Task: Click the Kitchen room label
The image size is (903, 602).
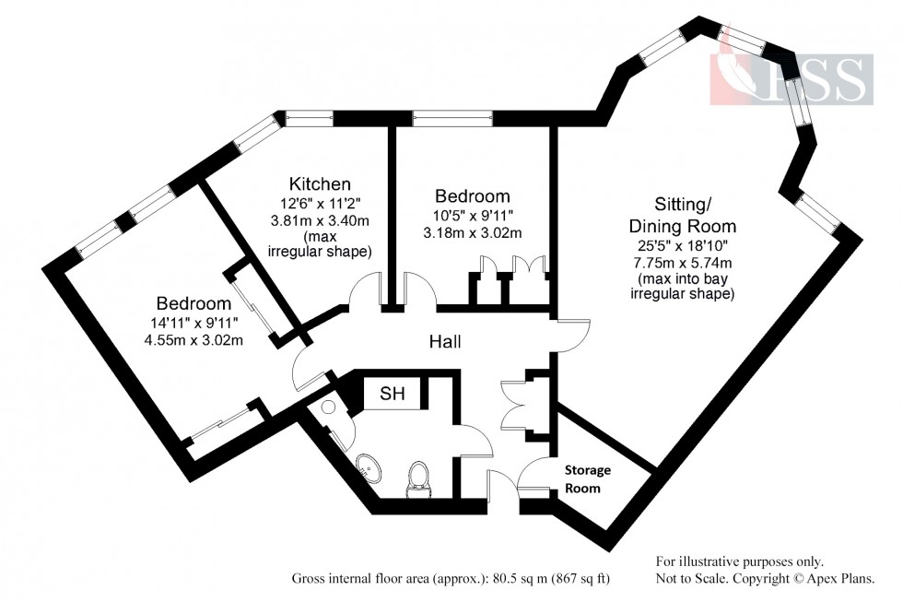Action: [x=320, y=183]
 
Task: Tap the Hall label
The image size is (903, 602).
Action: [x=445, y=342]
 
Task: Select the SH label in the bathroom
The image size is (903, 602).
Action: [x=392, y=395]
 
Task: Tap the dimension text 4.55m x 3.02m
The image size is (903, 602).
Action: [x=193, y=339]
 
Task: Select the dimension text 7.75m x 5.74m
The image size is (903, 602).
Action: [x=681, y=261]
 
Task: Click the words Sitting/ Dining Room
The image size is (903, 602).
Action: [x=682, y=215]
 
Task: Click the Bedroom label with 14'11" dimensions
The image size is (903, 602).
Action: [x=193, y=303]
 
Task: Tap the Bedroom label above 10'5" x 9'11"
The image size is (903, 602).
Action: [x=472, y=196]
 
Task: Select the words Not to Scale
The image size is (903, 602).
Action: [x=691, y=578]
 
